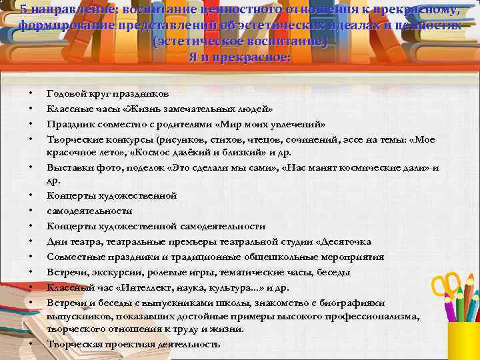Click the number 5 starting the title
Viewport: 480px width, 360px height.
pyautogui.click(x=23, y=9)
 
